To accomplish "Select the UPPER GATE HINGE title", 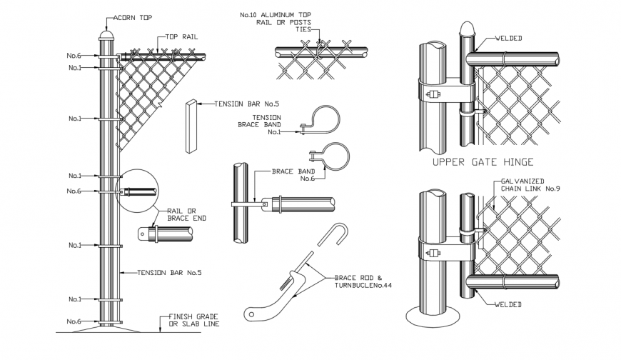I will click(483, 163).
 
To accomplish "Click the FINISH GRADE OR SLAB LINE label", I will click(194, 320).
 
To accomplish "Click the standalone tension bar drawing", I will click(191, 126).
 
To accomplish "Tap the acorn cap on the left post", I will click(107, 33).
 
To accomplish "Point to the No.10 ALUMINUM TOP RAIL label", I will click(285, 20).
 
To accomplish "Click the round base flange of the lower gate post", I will click(431, 314).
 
